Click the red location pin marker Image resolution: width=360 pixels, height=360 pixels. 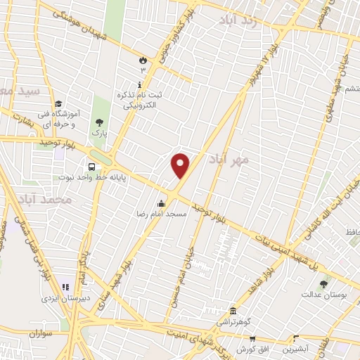click(x=181, y=165)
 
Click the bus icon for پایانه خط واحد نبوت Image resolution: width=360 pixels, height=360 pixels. click(x=92, y=167)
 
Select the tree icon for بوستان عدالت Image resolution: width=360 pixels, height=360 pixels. click(x=323, y=285)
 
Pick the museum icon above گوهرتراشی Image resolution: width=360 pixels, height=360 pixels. click(x=233, y=310)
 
